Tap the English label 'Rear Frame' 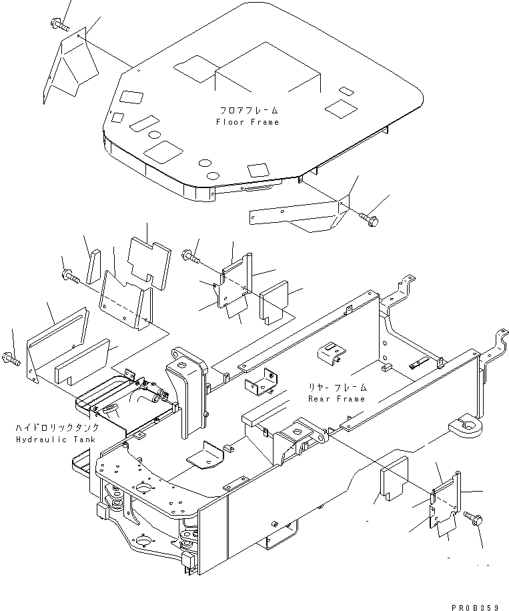pos(337,398)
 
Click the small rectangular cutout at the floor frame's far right pos(346,90)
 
